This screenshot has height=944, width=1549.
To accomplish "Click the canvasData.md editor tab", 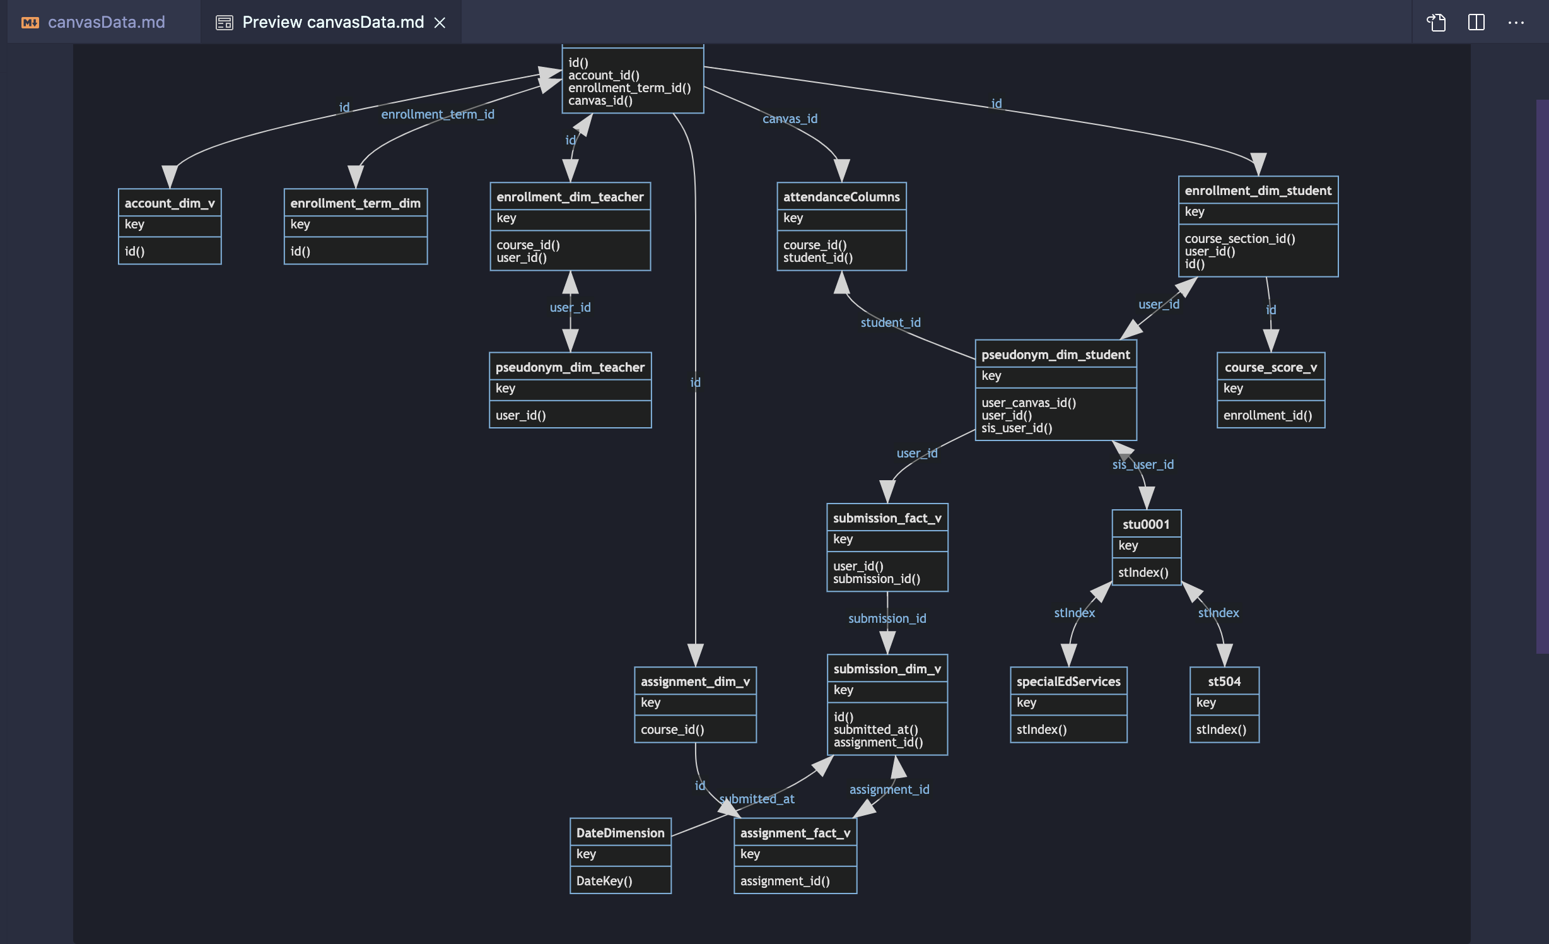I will pos(105,22).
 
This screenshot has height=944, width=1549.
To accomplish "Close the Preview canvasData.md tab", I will pos(440,23).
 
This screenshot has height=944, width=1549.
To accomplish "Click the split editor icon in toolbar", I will pos(1476,23).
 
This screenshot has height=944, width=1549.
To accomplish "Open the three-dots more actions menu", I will pos(1516,23).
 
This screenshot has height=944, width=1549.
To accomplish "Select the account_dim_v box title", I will pos(169,203).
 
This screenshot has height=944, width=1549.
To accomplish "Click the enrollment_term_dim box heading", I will pos(355,203).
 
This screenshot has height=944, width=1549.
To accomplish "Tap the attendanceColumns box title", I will pos(841,197).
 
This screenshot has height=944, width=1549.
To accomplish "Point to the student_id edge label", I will pos(890,322).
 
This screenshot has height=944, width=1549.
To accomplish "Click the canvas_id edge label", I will pos(790,119).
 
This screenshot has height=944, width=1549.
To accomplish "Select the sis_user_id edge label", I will pos(1142,464).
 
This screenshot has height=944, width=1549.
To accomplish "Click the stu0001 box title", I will pos(1145,524).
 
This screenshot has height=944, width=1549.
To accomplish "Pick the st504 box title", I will pos(1224,681).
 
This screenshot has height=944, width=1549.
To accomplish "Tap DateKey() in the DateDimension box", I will pos(604,881).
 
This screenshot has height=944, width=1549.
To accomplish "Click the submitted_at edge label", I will pos(757,799).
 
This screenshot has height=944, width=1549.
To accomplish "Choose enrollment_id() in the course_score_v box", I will pos(1267,415).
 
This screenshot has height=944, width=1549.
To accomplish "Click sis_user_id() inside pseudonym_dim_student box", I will pos(1016,428).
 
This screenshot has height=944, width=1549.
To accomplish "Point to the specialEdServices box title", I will pos(1068,681).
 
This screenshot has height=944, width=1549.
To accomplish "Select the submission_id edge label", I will pos(887,618).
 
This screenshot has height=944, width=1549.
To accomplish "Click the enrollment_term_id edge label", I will pos(437,114).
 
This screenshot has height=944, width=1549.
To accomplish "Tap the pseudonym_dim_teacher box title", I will pos(570,367).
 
